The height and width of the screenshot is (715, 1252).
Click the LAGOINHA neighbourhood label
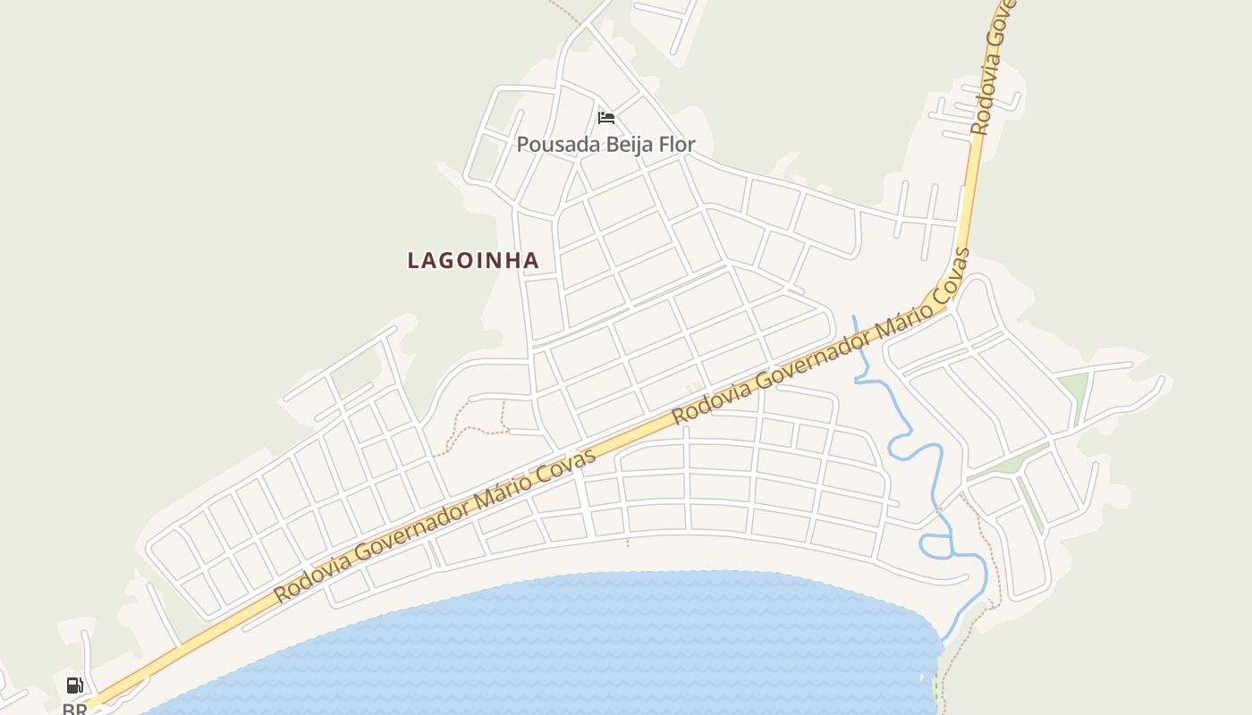pyautogui.click(x=473, y=260)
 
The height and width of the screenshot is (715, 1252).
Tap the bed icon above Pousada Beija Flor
pyautogui.click(x=606, y=117)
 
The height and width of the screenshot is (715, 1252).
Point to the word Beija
pyautogui.click(x=620, y=144)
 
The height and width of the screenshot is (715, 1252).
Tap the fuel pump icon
pyautogui.click(x=75, y=686)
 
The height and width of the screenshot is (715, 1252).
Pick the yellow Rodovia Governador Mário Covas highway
pyautogui.click(x=626, y=438)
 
